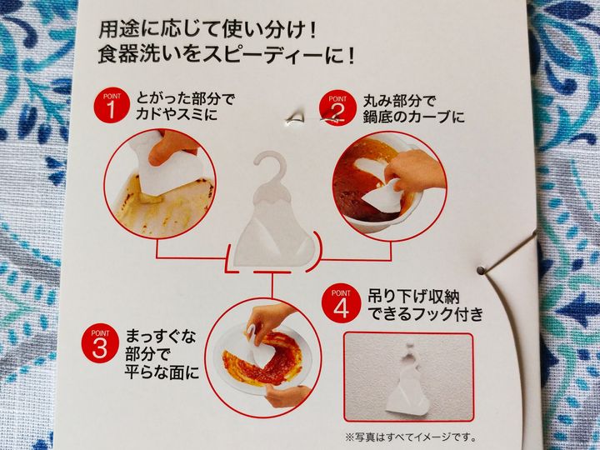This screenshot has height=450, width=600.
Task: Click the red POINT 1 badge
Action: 111,107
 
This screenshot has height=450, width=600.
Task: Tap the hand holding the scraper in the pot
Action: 413,172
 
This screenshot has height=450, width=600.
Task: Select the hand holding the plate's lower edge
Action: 287,396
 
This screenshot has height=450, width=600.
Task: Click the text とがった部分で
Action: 185,98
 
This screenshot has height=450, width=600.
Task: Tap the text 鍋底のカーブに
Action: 413,117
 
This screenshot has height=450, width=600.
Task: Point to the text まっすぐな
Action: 161,337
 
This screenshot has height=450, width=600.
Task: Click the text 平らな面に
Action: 162,372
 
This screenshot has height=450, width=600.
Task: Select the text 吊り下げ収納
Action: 413,297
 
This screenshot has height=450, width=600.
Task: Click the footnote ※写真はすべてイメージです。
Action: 411,437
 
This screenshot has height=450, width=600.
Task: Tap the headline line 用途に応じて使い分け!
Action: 207,30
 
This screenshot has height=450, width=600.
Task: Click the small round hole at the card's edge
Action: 480,270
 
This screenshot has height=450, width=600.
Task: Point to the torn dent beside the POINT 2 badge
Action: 295,118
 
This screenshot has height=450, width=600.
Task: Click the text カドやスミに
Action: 176,114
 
